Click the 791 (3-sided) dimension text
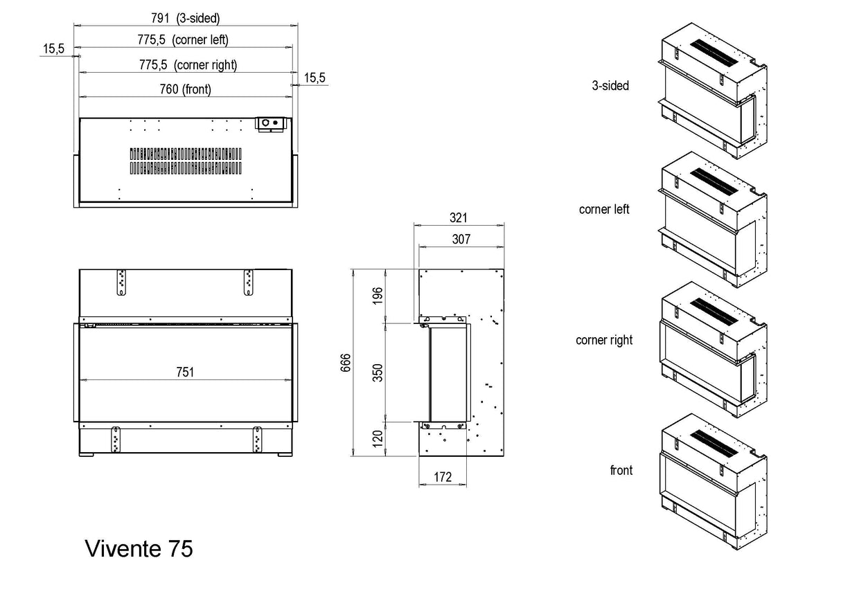[x=186, y=19]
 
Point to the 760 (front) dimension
[x=186, y=89]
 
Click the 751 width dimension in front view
[x=184, y=372]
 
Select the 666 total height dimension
[x=346, y=363]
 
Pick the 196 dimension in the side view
[x=378, y=296]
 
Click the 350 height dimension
[x=378, y=372]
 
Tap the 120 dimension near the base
[x=378, y=439]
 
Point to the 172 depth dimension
[x=443, y=477]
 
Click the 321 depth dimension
[x=458, y=217]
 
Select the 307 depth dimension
[x=461, y=240]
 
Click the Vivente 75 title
[x=139, y=548]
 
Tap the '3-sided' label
[x=610, y=86]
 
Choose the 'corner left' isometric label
[x=604, y=209]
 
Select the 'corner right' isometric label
[x=604, y=340]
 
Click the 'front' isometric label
[x=621, y=470]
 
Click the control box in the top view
[x=270, y=123]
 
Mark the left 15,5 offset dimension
[x=53, y=48]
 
